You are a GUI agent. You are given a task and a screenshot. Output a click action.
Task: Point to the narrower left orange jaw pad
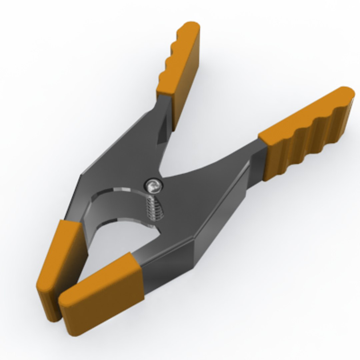[x=58, y=267]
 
